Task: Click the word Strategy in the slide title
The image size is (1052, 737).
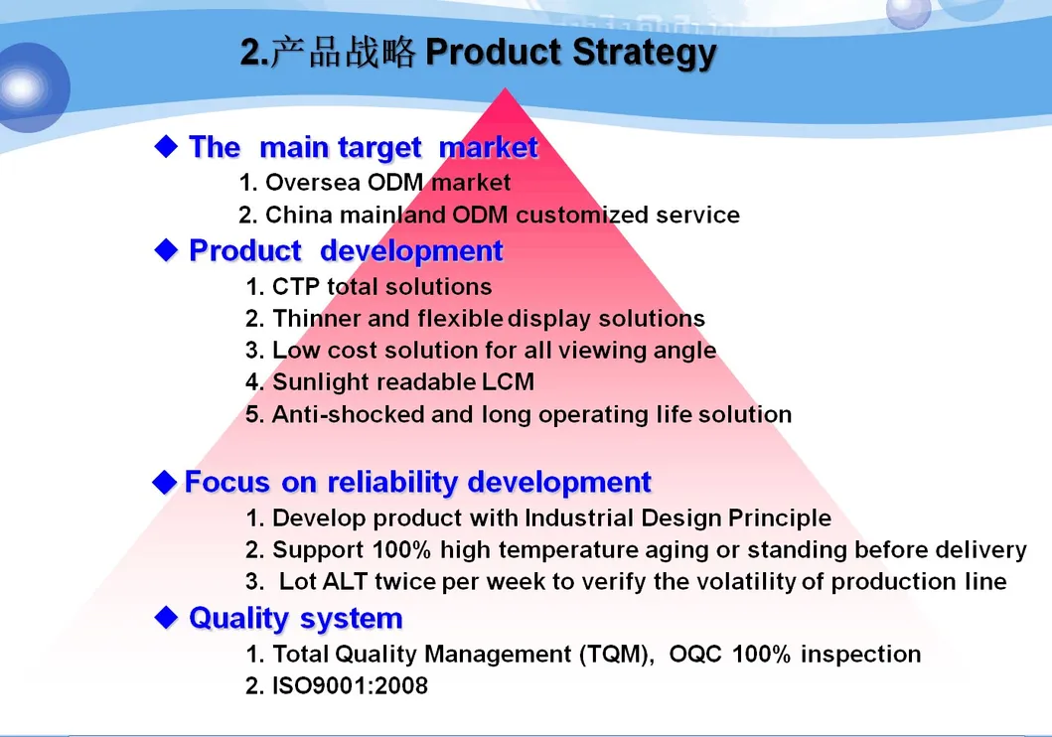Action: (645, 54)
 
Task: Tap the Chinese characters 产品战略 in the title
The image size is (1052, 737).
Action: (344, 53)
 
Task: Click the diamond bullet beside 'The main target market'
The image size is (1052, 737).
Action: (166, 146)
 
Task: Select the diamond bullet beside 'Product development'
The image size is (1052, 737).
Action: (166, 250)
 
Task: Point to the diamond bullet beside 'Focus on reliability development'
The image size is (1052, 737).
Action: (164, 482)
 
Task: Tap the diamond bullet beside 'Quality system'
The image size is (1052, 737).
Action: (166, 617)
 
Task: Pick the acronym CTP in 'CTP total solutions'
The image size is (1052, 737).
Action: (296, 286)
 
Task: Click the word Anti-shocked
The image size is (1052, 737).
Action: (349, 414)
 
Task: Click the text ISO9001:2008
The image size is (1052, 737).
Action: (351, 685)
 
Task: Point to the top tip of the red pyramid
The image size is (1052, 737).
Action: (506, 87)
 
